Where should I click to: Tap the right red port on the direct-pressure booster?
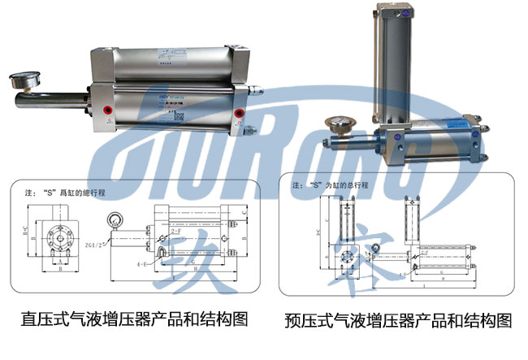tap(239, 114)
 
